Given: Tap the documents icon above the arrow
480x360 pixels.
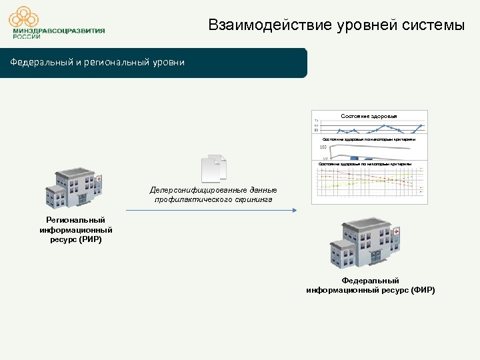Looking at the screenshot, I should [214, 168].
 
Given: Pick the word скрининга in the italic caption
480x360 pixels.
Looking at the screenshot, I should [251, 199].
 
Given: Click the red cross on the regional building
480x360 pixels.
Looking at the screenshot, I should [99, 179].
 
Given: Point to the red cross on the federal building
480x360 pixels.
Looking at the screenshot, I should [397, 232].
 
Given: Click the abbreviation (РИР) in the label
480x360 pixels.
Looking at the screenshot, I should [90, 239].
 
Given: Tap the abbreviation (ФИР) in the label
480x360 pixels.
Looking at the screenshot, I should [423, 290].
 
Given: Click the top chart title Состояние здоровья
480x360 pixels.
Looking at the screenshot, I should [369, 116].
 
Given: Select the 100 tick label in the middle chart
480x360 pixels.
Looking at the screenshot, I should [323, 147].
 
